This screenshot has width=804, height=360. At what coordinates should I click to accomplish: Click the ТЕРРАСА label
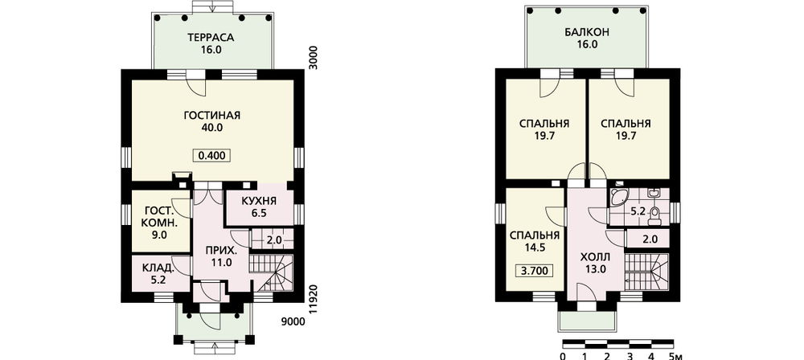coord(211,38)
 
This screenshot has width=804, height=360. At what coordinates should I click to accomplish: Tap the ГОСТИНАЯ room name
coord(211,115)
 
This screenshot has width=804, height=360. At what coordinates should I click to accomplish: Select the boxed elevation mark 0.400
coord(211,155)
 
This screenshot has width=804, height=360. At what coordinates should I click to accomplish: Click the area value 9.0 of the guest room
coord(161,235)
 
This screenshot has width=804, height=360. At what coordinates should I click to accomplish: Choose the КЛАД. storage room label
coord(158,267)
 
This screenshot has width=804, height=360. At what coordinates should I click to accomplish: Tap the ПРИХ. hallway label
coord(221,252)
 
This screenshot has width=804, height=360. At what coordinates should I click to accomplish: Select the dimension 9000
coord(293,321)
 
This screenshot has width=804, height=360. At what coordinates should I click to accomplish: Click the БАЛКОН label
coord(587,32)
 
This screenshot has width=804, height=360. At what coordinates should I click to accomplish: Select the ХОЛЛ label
coord(595,257)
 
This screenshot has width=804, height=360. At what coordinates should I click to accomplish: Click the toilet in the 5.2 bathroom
coord(654,217)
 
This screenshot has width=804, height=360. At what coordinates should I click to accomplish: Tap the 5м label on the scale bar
coord(676,356)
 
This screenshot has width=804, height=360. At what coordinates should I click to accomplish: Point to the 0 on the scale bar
coord(563,356)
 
